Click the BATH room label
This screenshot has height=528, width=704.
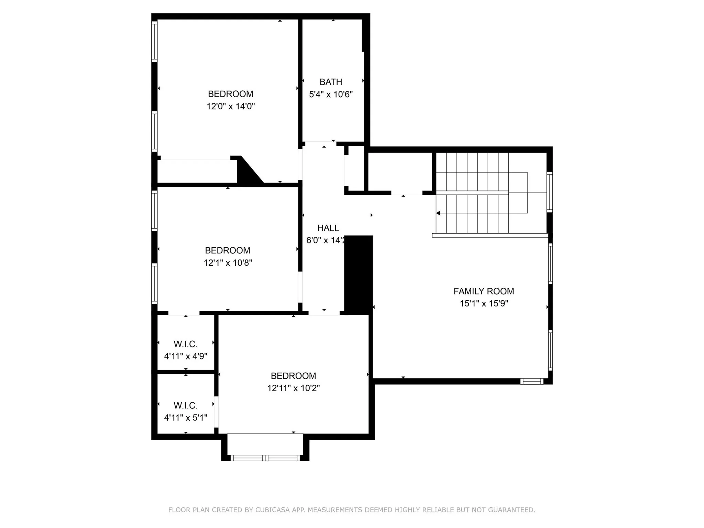pyautogui.click(x=331, y=82)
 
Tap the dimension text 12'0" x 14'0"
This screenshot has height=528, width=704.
pyautogui.click(x=230, y=106)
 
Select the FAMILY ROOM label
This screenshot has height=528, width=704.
pyautogui.click(x=483, y=291)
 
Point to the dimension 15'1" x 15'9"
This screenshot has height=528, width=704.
pyautogui.click(x=484, y=304)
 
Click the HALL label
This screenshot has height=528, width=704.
pyautogui.click(x=328, y=228)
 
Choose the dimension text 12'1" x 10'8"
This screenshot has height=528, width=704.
pyautogui.click(x=228, y=263)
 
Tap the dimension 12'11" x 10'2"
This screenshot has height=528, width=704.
pyautogui.click(x=293, y=388)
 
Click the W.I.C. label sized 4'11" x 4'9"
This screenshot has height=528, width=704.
pyautogui.click(x=185, y=344)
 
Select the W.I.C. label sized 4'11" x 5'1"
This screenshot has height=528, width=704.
pyautogui.click(x=185, y=406)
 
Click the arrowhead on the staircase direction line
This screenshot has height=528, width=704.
pyautogui.click(x=438, y=213)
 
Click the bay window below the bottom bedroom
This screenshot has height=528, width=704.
pyautogui.click(x=265, y=458)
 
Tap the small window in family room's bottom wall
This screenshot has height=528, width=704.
pyautogui.click(x=531, y=381)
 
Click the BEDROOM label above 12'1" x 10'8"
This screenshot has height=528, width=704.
pyautogui.click(x=228, y=250)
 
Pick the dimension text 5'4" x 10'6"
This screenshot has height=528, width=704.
pyautogui.click(x=331, y=95)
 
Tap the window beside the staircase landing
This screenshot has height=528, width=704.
pyautogui.click(x=549, y=192)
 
